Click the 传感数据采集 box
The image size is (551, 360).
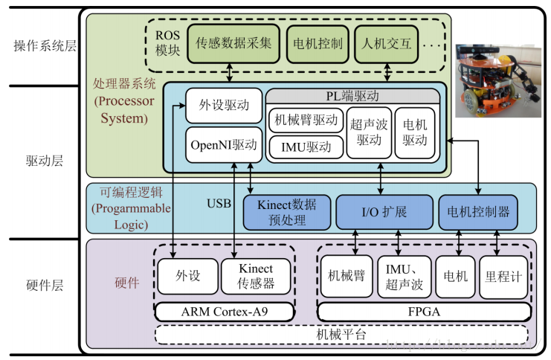pos(233,43)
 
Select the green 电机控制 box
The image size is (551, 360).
pos(318,43)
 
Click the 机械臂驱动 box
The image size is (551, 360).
pos(306,120)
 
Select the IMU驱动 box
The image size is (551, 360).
pos(306,147)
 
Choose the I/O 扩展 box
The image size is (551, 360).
pos(384,212)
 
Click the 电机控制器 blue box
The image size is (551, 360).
pos(478,212)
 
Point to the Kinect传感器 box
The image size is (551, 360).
pos(256,276)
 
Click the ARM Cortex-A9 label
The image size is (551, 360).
pos(224,311)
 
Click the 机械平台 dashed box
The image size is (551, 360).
pos(341,335)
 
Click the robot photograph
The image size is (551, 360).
pos(499,78)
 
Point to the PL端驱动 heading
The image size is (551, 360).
pos(352,97)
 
